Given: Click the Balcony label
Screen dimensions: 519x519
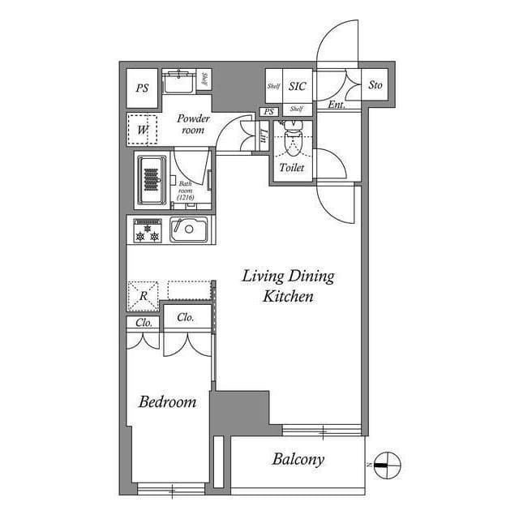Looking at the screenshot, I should click(298, 460).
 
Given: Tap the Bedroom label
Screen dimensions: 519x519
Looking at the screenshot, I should click(167, 401).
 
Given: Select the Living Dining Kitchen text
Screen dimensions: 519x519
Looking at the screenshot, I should click(288, 286).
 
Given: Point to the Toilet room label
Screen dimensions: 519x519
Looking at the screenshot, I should click(292, 168).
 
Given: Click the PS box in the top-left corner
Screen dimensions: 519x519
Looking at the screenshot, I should click(143, 89).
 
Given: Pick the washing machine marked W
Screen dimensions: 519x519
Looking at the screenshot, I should click(143, 129).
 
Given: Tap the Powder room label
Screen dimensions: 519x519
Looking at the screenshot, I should click(194, 124).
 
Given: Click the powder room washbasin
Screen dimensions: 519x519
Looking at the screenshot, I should click(178, 82).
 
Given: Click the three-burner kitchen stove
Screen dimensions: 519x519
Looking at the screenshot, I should click(148, 230).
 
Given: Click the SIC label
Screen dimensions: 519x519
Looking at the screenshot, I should click(296, 85).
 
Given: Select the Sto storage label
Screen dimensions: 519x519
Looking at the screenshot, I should click(375, 85).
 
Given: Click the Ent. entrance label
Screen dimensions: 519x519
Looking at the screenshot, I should click(336, 105).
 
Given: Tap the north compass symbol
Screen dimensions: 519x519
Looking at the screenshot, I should click(388, 463).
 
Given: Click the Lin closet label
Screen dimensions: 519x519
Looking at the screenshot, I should click(264, 137).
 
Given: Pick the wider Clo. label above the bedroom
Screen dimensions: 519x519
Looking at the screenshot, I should click(186, 317).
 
